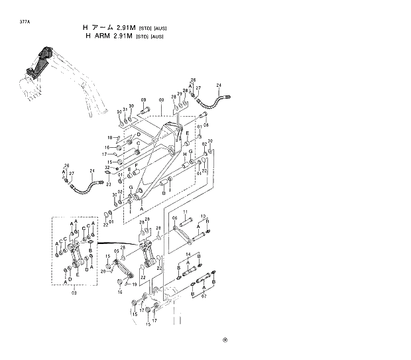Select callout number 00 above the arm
point(160,99)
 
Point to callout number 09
point(143,100)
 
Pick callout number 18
point(109,137)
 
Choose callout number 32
point(117,167)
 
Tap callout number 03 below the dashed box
point(74,292)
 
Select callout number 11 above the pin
point(186,211)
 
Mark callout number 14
point(188,255)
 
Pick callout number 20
point(103,272)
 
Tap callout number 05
point(115,251)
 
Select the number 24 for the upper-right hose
point(218,86)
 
